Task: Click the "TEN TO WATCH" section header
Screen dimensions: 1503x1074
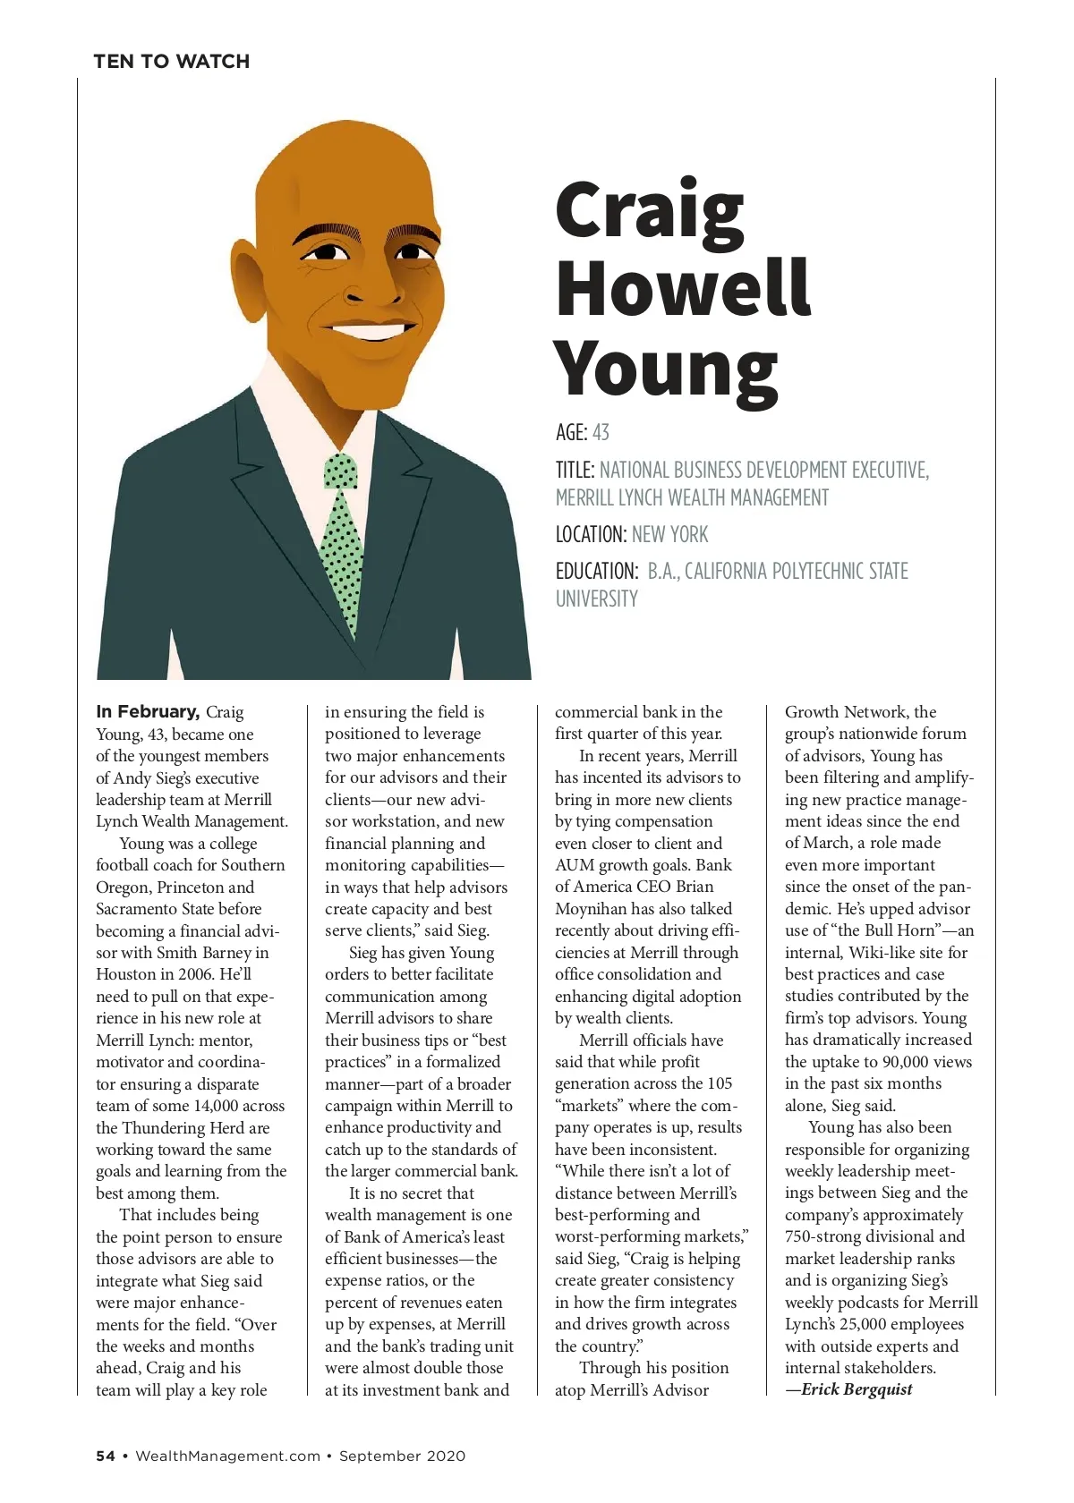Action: click(x=171, y=62)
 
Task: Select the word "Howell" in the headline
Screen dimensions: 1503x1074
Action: click(x=682, y=288)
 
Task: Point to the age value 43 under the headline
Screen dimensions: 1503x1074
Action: click(x=601, y=433)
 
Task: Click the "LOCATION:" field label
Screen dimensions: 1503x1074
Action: click(x=591, y=535)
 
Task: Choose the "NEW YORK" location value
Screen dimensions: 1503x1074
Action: click(x=669, y=535)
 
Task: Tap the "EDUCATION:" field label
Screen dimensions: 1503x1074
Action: click(x=596, y=572)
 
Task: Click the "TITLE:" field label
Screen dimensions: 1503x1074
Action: click(x=575, y=471)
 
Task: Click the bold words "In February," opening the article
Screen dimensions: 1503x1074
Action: click(x=148, y=712)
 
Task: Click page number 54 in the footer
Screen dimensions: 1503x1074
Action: click(x=106, y=1456)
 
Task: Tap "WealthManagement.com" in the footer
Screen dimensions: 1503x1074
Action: click(x=227, y=1456)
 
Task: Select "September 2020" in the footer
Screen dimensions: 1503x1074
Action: click(x=402, y=1456)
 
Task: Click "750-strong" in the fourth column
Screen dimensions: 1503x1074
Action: click(x=826, y=1236)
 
